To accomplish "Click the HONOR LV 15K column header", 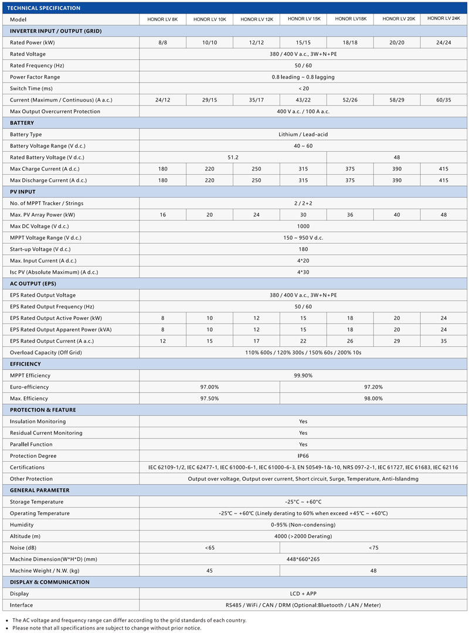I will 304,19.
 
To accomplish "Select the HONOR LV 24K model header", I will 443,19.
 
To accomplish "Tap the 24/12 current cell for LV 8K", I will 162,100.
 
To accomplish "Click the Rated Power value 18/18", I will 350,43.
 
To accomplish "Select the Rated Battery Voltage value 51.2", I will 233,157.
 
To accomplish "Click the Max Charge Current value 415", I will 444,169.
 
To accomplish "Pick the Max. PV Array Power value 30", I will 303,215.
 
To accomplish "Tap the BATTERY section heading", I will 22,123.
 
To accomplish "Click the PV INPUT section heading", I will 23,192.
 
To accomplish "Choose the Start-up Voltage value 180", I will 303,249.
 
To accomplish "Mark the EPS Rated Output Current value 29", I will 397,341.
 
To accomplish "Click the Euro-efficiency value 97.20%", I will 373,387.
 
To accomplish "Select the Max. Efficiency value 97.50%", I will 209,399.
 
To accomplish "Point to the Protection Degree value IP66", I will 303,456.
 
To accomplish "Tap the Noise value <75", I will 373,547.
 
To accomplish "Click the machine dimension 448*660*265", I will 303,559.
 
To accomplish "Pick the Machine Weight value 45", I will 209,571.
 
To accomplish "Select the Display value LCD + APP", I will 303,594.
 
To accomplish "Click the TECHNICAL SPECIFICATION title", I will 43,8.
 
